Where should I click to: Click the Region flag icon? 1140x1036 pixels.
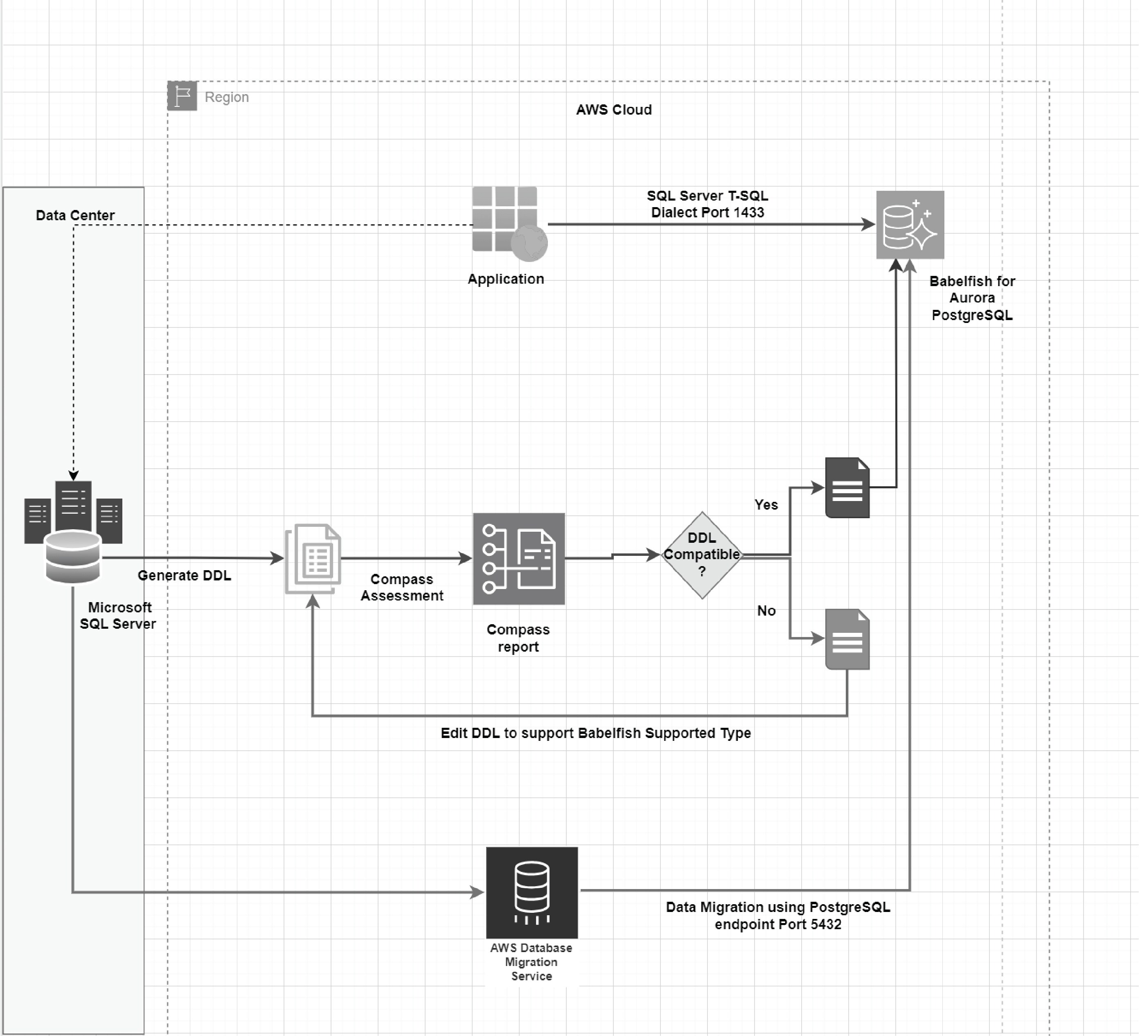(182, 96)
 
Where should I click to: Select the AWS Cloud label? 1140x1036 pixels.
(613, 110)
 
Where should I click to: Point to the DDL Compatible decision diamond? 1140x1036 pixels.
(702, 555)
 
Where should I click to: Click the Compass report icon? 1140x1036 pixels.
(518, 558)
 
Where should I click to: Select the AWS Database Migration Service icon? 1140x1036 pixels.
(532, 892)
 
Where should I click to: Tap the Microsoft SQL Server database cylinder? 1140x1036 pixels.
(73, 557)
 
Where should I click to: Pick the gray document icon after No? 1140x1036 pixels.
(847, 639)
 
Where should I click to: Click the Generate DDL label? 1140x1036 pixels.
(185, 576)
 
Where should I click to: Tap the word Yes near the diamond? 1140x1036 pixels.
(766, 505)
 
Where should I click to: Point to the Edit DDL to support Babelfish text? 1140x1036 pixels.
(595, 733)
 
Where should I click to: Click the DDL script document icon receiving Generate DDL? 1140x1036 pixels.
(313, 558)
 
